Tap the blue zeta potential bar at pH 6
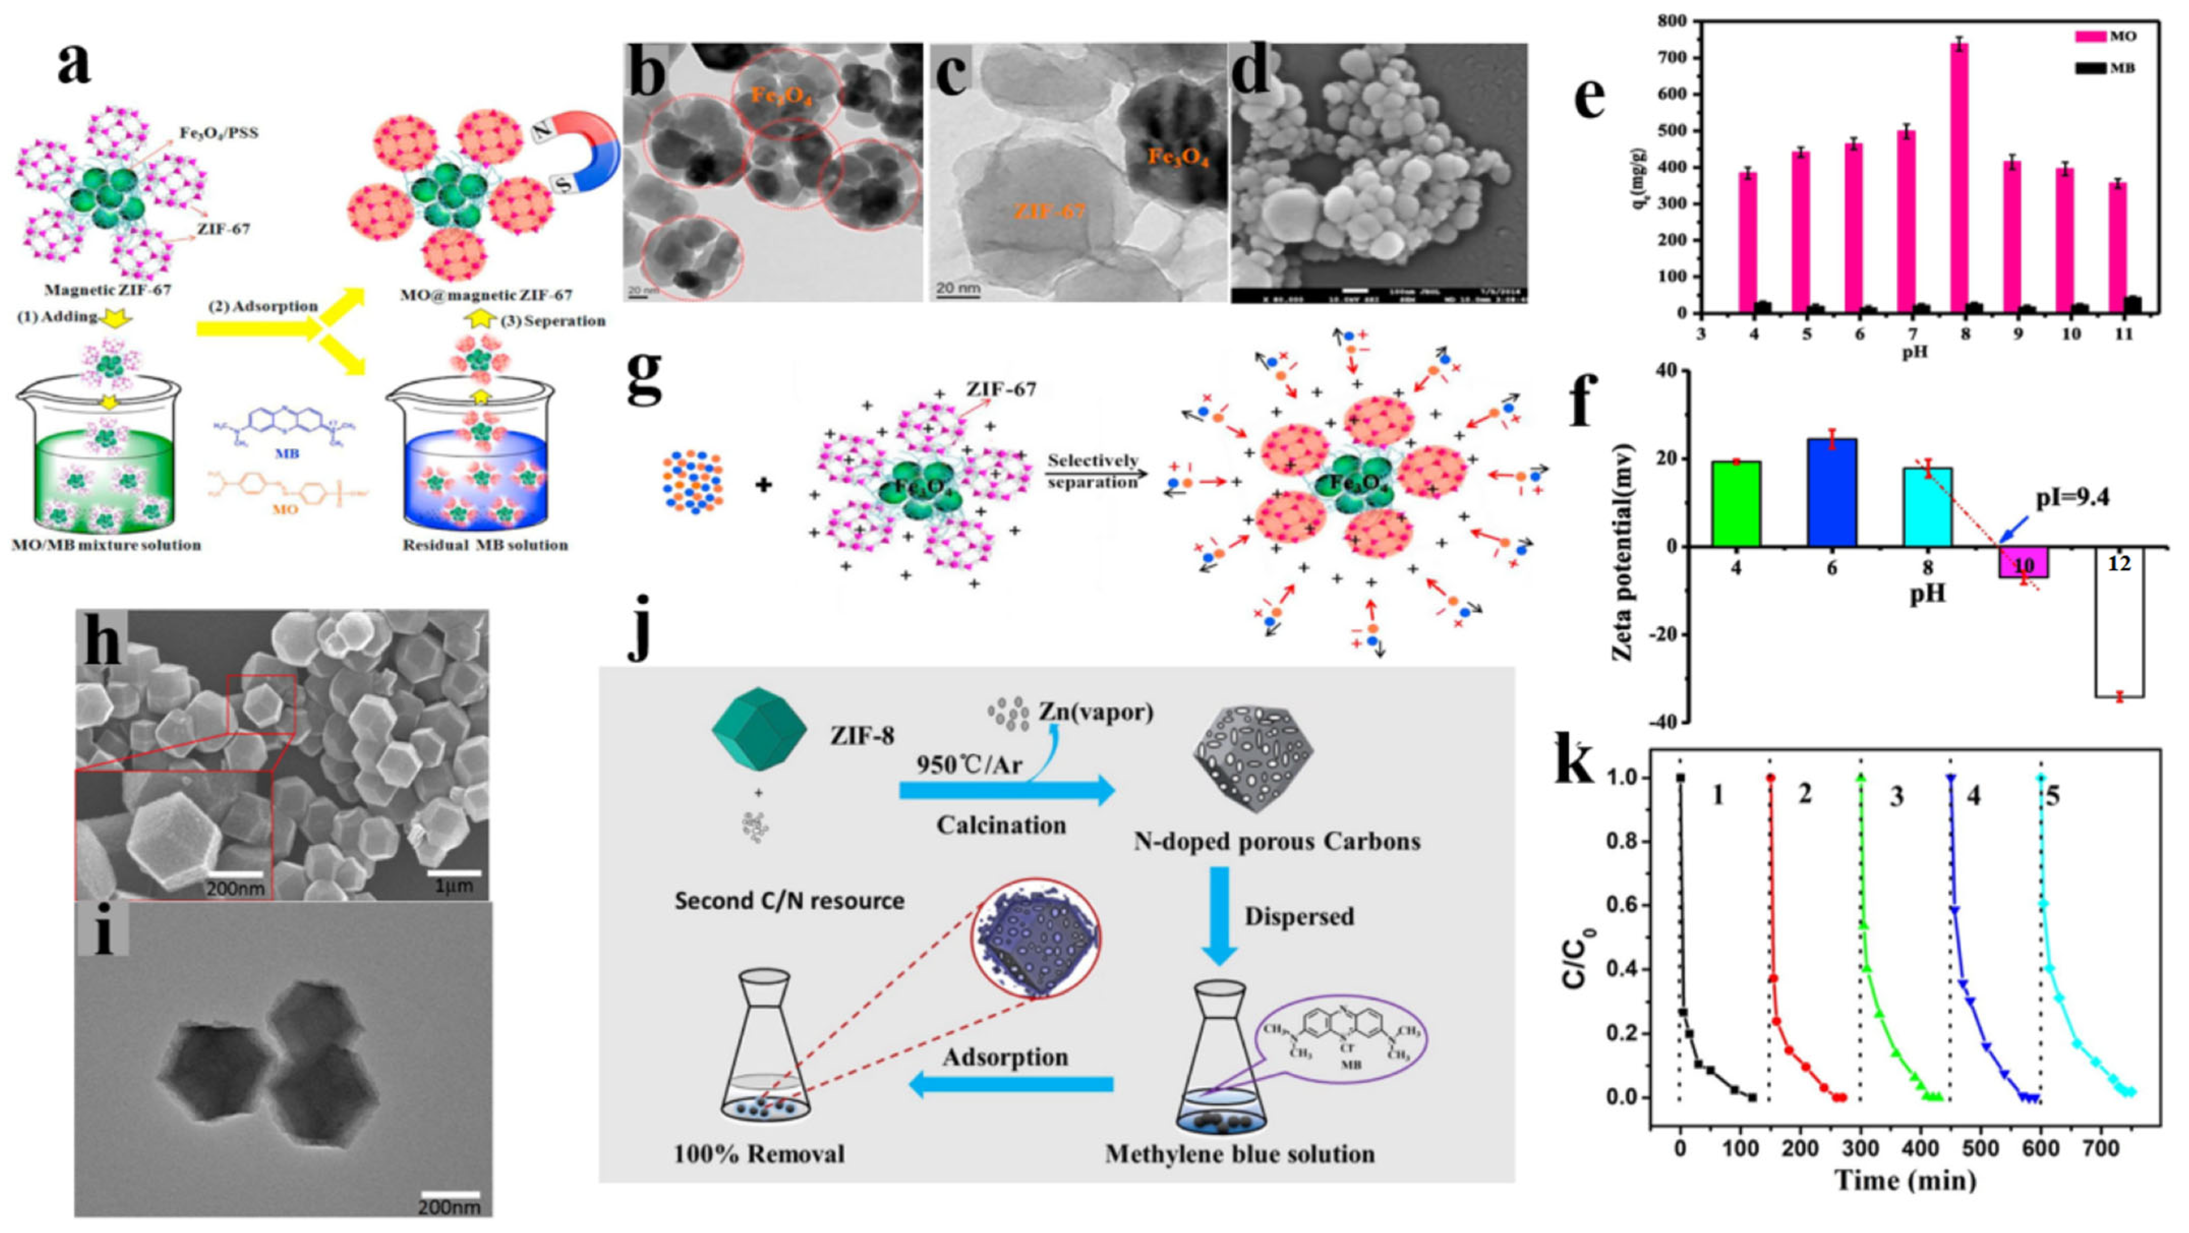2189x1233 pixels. (x=1832, y=492)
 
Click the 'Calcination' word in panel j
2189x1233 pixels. (x=1001, y=825)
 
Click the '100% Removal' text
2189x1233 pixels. (x=759, y=1154)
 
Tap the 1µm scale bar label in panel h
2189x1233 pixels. (x=455, y=886)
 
